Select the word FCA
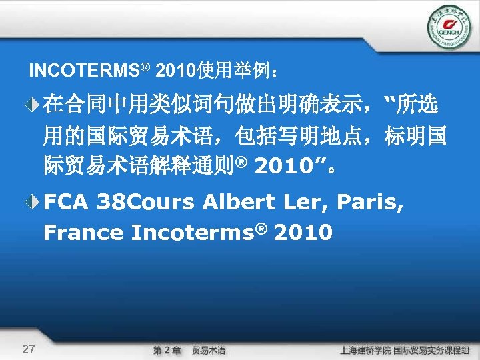(x=66, y=202)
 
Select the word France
(x=83, y=233)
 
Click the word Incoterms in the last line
(x=187, y=233)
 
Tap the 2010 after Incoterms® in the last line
(x=303, y=233)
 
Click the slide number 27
(x=28, y=349)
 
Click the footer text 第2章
(x=167, y=350)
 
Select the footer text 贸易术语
(x=209, y=350)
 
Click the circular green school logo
(x=448, y=27)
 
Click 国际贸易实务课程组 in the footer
(x=433, y=350)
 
